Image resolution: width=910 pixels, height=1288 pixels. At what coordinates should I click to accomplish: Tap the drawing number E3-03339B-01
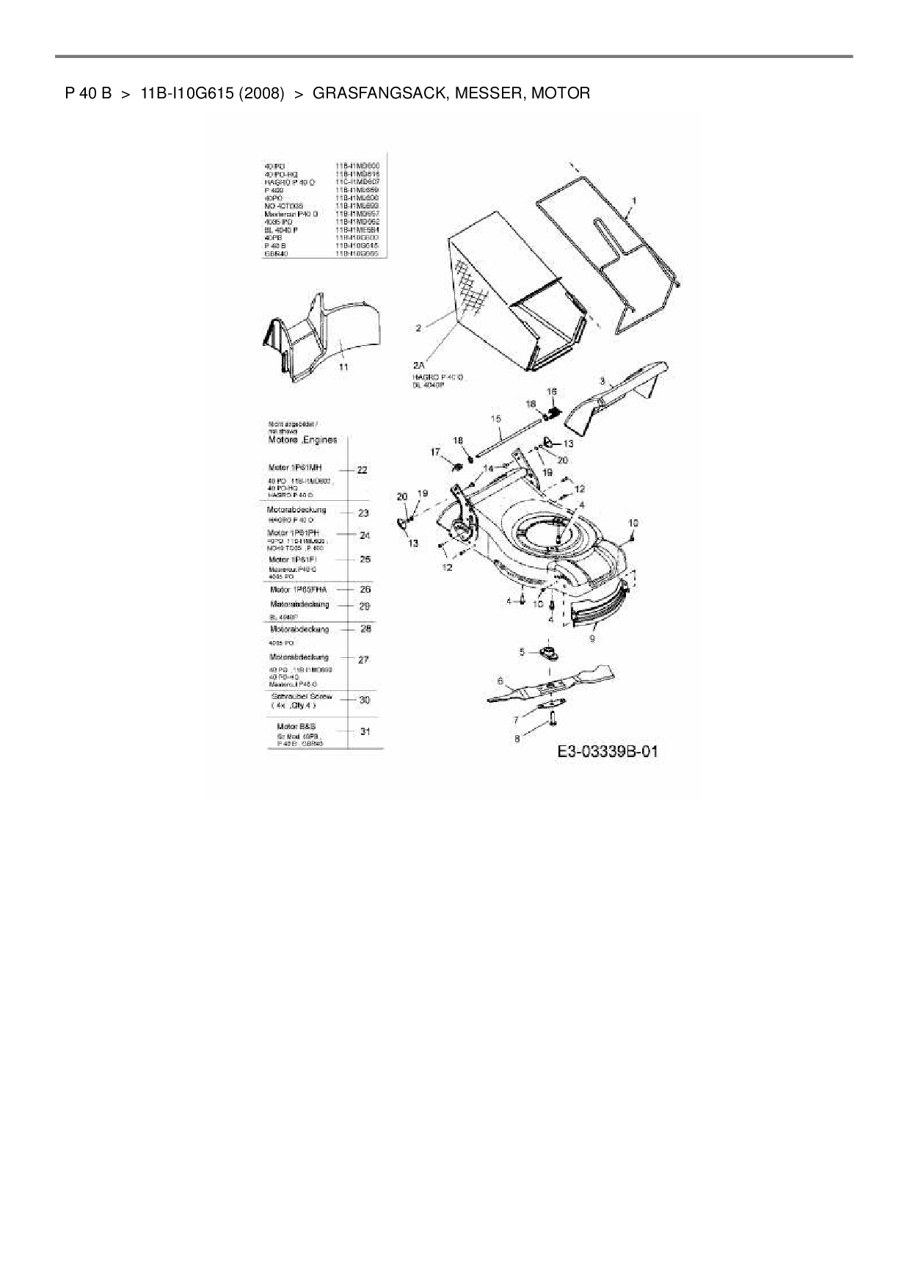[x=608, y=752]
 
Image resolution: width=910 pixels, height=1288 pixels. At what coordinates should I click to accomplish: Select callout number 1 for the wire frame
[x=633, y=200]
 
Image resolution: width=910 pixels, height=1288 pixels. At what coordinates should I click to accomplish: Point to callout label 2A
[x=419, y=365]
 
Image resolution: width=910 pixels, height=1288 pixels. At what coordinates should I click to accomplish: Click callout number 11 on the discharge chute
[x=343, y=366]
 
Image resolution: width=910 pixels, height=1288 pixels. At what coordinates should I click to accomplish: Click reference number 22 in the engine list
[x=361, y=470]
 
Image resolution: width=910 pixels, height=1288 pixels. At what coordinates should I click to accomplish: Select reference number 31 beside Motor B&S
[x=365, y=731]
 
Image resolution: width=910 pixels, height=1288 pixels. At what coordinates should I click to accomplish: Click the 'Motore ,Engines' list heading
[x=303, y=440]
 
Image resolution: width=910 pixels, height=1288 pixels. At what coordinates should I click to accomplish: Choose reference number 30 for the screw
[x=364, y=700]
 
